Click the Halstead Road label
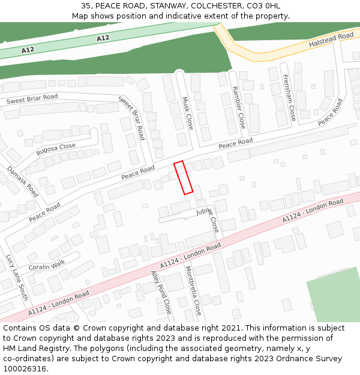(331, 40)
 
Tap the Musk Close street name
(187, 113)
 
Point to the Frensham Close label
(289, 98)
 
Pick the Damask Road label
(22, 181)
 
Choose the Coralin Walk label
(46, 265)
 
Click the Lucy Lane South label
(17, 278)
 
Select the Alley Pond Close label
(161, 292)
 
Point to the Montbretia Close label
(193, 291)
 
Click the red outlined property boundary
(183, 178)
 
